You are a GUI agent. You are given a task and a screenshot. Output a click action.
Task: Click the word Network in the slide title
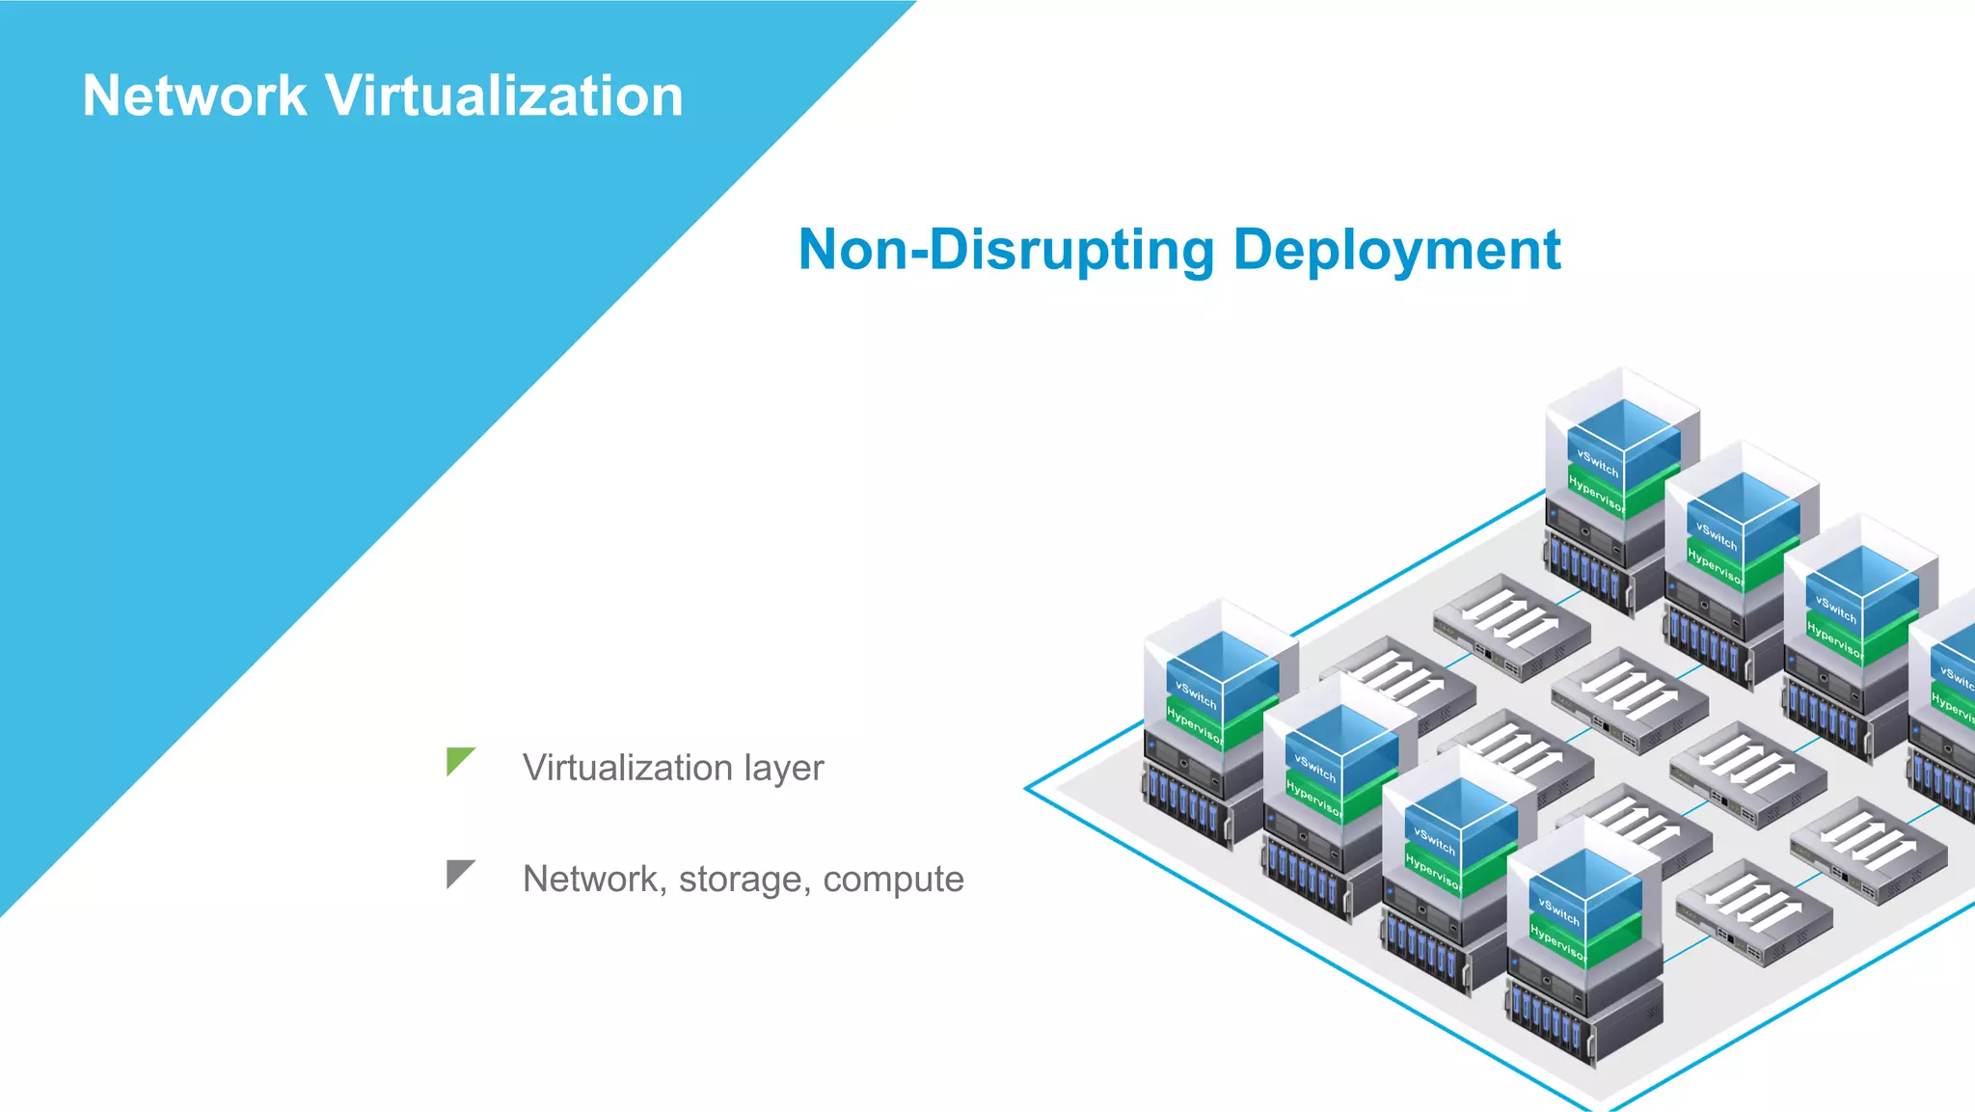194,96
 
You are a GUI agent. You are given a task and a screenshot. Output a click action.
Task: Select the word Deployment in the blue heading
1396,250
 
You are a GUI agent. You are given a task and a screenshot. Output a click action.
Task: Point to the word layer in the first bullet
783,768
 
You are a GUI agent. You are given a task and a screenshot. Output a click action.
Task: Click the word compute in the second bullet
893,879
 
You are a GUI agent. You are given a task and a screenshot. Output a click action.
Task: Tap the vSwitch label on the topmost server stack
1597,462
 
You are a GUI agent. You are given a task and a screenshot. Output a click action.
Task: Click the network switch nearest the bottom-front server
1753,912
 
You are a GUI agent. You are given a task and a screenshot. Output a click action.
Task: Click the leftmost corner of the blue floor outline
1026,788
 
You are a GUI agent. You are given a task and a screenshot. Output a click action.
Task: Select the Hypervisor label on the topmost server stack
1596,493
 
